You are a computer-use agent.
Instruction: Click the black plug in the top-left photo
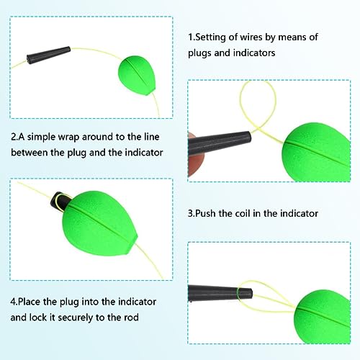point(49,55)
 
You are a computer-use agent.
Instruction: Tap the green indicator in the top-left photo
point(137,76)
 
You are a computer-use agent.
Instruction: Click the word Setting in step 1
point(211,37)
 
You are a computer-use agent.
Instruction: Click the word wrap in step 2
point(68,137)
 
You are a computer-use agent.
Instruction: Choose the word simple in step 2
point(41,138)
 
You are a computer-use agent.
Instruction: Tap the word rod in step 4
point(131,318)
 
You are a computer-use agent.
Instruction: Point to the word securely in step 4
point(76,318)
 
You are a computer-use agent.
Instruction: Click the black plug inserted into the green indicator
point(60,201)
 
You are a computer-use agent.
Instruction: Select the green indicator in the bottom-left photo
point(99,223)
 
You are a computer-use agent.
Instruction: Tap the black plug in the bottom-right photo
point(220,294)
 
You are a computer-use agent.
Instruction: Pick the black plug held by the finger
point(220,144)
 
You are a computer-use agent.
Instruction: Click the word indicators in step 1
point(254,53)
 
